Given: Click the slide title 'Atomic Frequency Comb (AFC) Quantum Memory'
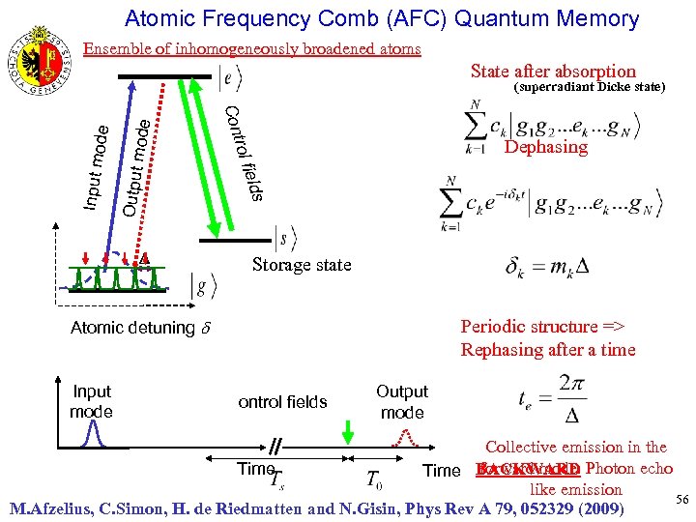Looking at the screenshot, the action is [382, 18].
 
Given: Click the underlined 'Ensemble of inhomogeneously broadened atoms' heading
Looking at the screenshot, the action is [251, 48].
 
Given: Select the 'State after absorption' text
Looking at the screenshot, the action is [553, 71].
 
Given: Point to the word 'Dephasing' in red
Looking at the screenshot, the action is [545, 147].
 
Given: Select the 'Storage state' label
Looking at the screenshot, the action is [302, 265].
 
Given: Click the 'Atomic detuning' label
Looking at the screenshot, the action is [139, 328].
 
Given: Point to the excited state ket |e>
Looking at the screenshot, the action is [231, 78].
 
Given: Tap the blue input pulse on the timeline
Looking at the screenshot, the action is [92, 436].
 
